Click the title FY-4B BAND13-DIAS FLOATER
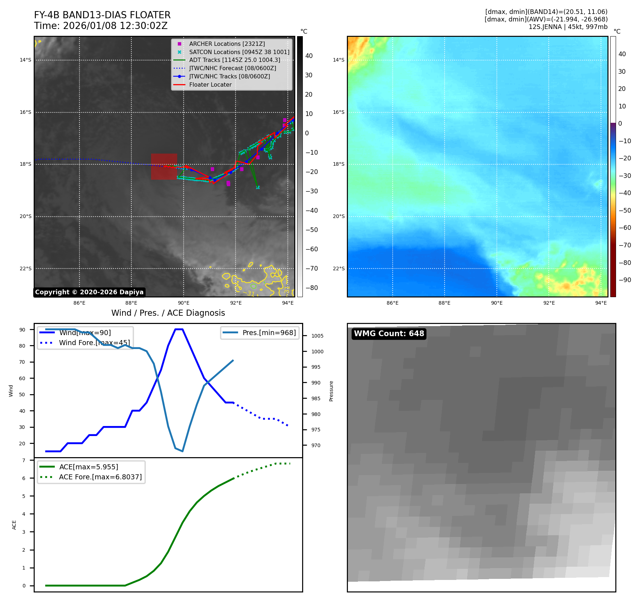(x=102, y=15)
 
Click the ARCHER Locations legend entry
(x=227, y=44)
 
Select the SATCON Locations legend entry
(x=239, y=52)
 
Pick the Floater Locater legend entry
(x=210, y=84)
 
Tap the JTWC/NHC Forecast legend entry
(x=232, y=68)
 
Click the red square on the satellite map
(x=164, y=166)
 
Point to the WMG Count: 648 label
(x=389, y=334)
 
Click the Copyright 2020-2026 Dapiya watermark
(x=89, y=292)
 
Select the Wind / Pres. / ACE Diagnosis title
(x=168, y=313)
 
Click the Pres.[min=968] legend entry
(x=269, y=333)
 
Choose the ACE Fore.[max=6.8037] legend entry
(x=100, y=477)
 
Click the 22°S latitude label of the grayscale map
(x=25, y=268)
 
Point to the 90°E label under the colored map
(x=496, y=303)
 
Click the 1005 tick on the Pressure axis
(x=317, y=336)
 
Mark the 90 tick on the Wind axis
(x=22, y=330)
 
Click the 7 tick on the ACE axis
(x=24, y=460)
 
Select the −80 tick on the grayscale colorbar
(x=311, y=288)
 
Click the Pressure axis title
(x=331, y=391)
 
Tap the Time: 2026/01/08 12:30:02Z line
(x=101, y=26)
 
